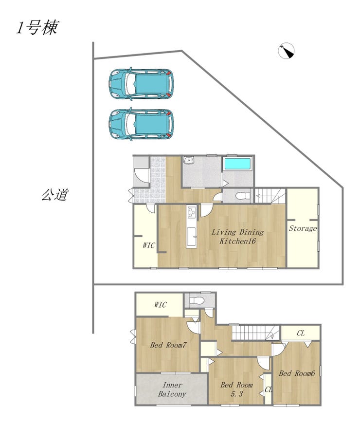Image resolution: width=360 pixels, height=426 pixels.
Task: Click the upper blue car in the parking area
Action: click(141, 83)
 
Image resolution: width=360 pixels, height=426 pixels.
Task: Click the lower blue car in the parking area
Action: click(141, 124)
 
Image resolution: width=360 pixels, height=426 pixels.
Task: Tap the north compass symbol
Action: click(287, 51)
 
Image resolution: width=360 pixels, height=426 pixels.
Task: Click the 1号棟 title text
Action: click(37, 28)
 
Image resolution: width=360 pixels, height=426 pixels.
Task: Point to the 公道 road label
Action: click(55, 195)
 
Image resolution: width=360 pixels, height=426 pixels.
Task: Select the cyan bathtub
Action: click(237, 164)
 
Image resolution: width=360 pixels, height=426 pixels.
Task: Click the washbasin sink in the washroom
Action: click(188, 160)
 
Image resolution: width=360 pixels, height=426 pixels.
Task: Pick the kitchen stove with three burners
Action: click(192, 212)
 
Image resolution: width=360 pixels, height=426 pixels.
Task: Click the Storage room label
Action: click(303, 228)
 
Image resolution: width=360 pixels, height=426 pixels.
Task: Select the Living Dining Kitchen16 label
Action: click(237, 236)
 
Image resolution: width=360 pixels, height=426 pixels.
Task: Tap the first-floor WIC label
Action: click(149, 245)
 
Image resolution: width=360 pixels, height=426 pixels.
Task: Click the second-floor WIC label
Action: click(160, 305)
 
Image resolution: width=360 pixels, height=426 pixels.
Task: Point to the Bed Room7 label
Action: click(168, 345)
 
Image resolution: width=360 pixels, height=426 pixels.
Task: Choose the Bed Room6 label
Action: click(297, 373)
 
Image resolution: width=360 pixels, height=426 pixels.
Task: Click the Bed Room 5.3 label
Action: click(236, 389)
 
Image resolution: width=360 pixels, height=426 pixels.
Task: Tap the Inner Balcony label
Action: click(172, 389)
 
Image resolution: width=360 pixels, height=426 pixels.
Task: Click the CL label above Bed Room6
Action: click(301, 333)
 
